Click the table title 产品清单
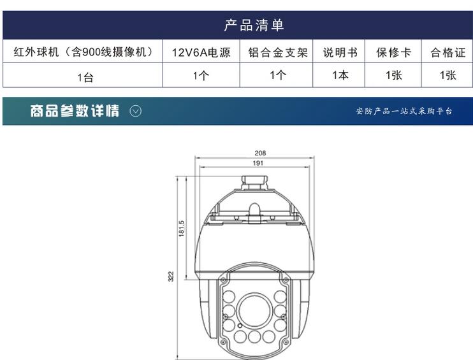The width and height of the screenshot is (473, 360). coord(254,25)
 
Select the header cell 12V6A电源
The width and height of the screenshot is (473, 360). coord(201,52)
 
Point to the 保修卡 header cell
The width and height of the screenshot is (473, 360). coord(394,52)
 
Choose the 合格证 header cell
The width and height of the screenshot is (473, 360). coord(448,52)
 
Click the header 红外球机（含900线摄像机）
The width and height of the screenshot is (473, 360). coord(84,52)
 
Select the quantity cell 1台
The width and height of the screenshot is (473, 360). coord(85,78)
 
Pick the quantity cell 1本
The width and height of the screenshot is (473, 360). coord(340,75)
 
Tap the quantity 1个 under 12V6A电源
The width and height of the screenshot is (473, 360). coord(201,75)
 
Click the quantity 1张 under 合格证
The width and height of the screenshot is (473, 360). coord(448,75)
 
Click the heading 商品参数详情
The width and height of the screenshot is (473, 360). coord(75,111)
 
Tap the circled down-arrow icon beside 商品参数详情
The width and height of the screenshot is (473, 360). coord(135,112)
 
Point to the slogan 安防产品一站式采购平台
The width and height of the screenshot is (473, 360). coord(404,112)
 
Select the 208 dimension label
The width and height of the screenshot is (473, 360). coord(260,153)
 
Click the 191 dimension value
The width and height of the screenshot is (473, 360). coord(258,163)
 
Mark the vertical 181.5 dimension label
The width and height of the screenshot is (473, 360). coord(181,228)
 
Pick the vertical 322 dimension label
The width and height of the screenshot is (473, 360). coord(171,277)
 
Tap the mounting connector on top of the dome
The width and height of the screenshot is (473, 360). coord(254,183)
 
